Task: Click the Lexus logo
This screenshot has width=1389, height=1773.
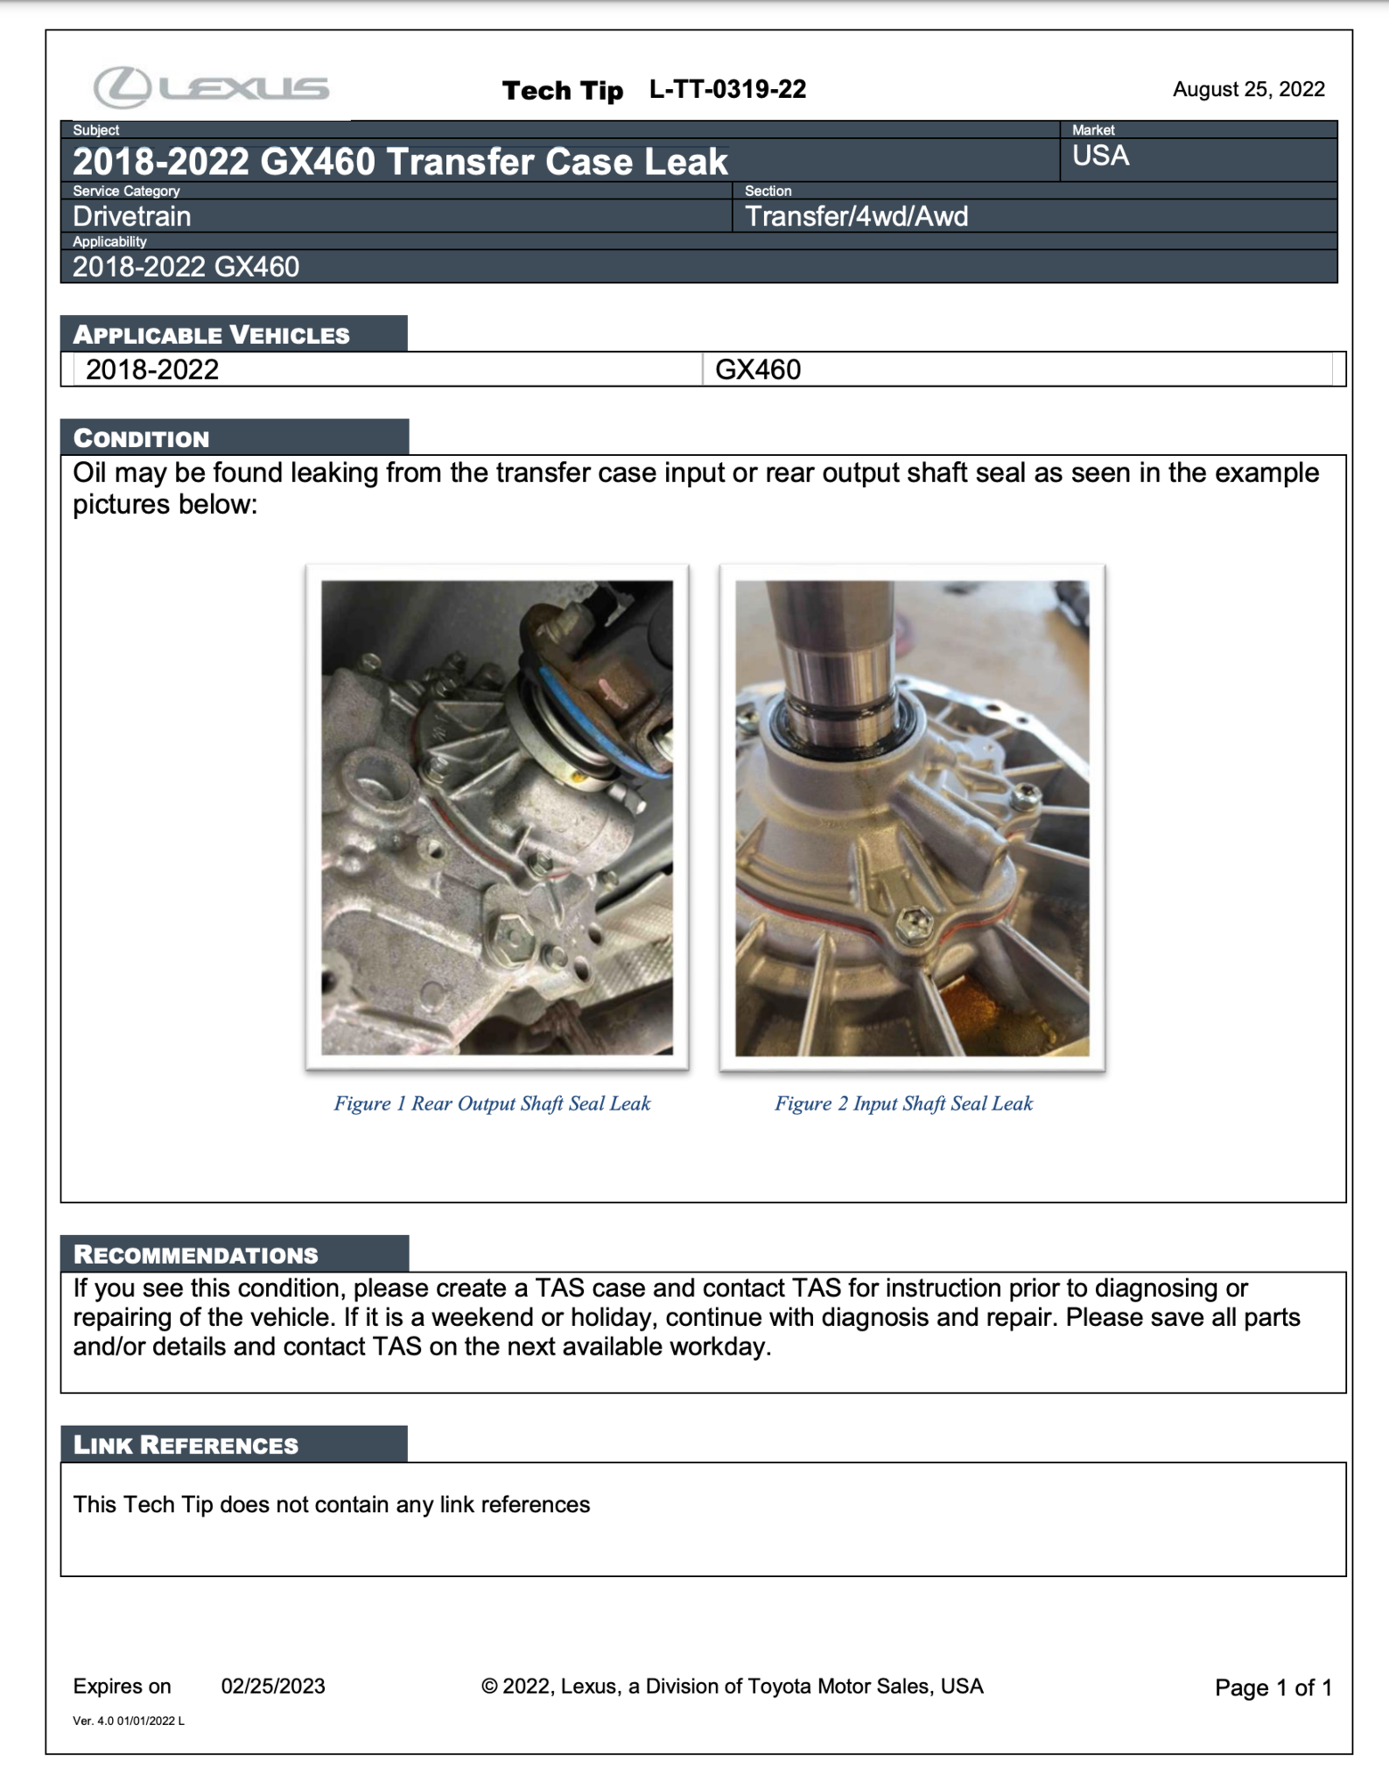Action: (211, 87)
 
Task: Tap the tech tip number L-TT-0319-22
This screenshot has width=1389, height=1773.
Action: (727, 89)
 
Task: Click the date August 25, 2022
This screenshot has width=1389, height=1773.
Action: (1247, 89)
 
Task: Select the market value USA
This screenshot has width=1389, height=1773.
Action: (1100, 156)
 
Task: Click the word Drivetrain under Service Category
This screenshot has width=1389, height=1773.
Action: (132, 216)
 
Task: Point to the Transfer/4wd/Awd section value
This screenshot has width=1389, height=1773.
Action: (856, 216)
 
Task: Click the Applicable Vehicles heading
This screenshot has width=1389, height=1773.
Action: (212, 335)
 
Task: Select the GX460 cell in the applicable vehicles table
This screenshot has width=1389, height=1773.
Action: (758, 370)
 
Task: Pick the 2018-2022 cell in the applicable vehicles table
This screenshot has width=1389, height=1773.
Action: (152, 370)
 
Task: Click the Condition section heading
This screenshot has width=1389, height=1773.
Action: (142, 438)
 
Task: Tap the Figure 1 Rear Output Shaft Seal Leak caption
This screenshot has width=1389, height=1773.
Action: (491, 1103)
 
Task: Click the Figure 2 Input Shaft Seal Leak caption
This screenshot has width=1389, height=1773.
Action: (903, 1103)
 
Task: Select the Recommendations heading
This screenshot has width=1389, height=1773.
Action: (196, 1255)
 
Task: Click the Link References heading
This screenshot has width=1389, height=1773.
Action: (185, 1444)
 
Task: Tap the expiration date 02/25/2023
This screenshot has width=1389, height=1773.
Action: (272, 1686)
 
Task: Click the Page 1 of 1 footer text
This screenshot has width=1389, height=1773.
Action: (1272, 1688)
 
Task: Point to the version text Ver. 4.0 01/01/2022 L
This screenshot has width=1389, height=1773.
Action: (128, 1720)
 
